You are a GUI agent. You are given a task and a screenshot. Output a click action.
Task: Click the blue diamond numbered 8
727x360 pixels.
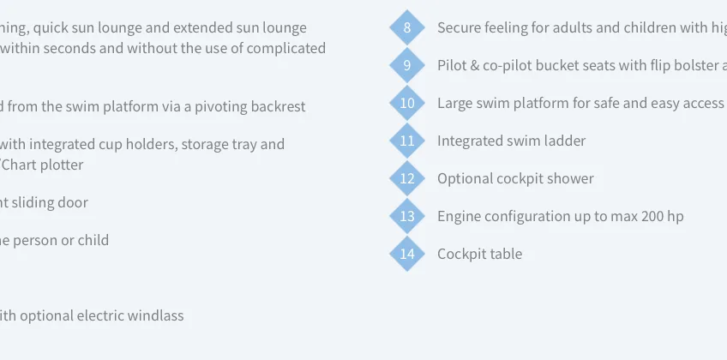point(407,27)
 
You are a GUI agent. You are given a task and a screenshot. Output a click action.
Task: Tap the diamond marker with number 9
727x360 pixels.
point(407,65)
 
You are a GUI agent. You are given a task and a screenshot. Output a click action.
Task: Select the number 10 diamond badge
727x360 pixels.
point(407,103)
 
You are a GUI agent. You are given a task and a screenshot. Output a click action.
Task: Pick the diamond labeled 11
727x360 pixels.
point(407,141)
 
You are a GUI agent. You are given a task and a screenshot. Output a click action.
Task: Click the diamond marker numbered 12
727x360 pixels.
point(407,178)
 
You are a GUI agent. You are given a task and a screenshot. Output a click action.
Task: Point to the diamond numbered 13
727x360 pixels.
point(407,216)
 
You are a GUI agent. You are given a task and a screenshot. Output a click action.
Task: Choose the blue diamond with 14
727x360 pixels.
point(407,254)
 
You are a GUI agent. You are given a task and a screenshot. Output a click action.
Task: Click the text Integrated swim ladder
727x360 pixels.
point(512,141)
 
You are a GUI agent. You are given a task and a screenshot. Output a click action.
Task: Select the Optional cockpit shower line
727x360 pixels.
point(515,179)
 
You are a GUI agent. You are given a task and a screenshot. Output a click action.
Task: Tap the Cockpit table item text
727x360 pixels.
point(480,254)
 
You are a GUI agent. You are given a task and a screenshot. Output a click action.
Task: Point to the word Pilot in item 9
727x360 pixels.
point(452,65)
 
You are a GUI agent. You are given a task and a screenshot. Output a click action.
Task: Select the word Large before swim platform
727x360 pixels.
point(454,104)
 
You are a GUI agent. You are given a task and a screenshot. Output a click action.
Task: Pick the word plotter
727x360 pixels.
point(62,165)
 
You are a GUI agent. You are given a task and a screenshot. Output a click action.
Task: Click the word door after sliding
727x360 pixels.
point(75,202)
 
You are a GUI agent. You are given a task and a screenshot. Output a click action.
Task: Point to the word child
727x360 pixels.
point(96,240)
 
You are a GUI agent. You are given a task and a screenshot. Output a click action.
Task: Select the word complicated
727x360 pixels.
point(286,49)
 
